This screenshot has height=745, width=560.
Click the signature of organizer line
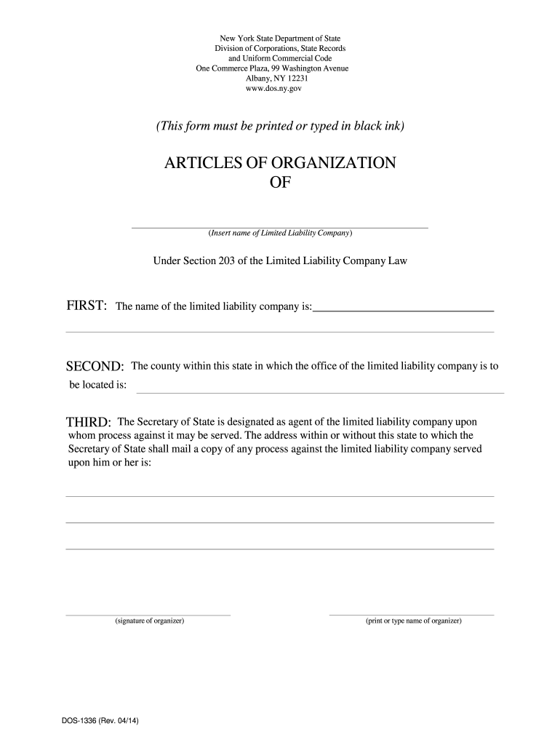(148, 614)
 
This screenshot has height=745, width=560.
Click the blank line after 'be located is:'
(320, 392)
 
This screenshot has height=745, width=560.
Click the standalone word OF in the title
(280, 183)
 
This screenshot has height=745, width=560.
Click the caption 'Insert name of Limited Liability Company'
(280, 234)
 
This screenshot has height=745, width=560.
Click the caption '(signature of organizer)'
(149, 621)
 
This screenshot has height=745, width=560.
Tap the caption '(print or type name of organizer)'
(414, 621)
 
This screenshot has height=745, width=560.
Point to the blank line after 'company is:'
(403, 310)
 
